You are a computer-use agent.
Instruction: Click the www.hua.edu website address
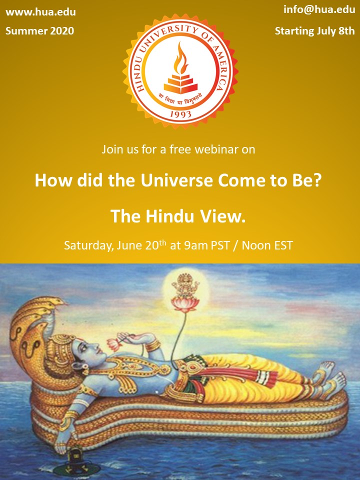(40, 12)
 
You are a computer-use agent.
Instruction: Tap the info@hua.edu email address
(319, 9)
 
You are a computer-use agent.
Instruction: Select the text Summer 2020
(40, 31)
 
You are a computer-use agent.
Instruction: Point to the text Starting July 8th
(314, 31)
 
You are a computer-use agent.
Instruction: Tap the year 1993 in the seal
(180, 114)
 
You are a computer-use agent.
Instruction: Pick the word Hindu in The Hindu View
(170, 216)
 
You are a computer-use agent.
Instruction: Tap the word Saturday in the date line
(88, 245)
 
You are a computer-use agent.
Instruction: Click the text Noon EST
(267, 245)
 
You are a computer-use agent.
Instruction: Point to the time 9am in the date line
(195, 245)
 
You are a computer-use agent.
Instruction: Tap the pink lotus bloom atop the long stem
(185, 305)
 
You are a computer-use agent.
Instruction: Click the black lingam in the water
(74, 460)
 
